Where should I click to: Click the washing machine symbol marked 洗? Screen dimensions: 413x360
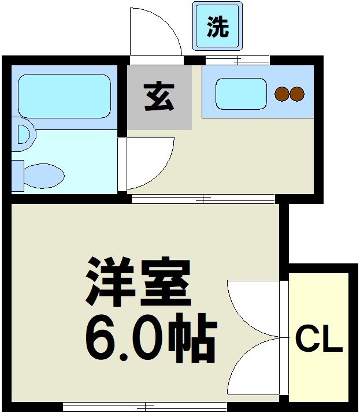coord(218,27)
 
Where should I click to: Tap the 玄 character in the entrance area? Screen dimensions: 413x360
coord(159,97)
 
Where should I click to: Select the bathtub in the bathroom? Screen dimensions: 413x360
coord(64,96)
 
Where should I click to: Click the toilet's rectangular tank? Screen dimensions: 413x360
coord(18,175)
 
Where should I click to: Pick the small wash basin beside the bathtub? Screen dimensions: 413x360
coord(23,134)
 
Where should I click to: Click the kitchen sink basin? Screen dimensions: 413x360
coord(241,94)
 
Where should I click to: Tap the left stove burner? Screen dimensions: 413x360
coord(281,94)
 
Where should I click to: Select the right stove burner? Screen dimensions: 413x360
coord(296,94)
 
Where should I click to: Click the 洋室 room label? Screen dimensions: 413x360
coord(139,282)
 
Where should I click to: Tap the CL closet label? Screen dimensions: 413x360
coord(319,341)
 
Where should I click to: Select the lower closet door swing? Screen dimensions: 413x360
coord(254,367)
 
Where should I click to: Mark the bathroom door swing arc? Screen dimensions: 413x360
coord(148,163)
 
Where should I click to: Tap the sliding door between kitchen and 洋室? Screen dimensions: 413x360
coord(202,199)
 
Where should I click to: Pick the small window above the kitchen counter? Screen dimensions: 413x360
coord(237,60)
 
